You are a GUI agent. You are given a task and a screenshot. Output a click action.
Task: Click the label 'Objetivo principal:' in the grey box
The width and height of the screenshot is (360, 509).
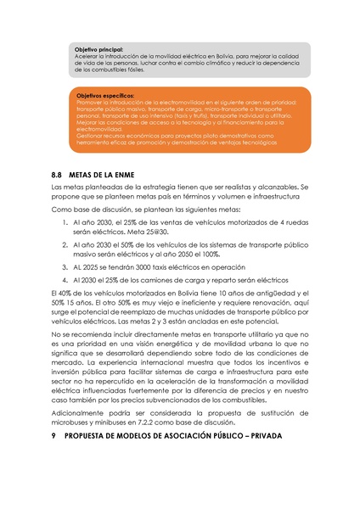[98, 51]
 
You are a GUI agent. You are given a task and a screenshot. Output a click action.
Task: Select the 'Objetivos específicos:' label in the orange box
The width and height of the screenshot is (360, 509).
[104, 97]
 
